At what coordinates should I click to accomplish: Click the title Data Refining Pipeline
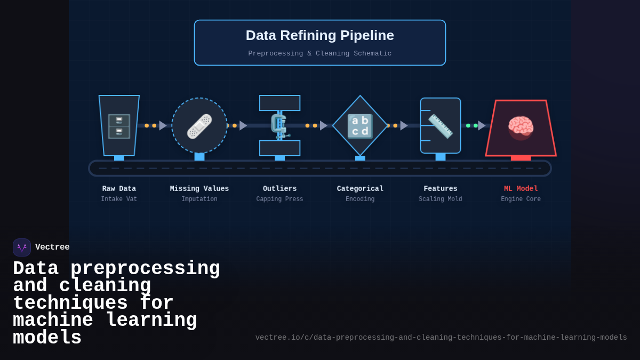coord(319,35)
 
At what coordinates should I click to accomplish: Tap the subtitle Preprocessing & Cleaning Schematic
coord(319,53)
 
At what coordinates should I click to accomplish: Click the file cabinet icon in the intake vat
coord(119,126)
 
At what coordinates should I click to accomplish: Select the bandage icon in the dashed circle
coord(199,126)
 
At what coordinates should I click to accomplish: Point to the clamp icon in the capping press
coord(279,126)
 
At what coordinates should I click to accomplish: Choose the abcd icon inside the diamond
coord(360,126)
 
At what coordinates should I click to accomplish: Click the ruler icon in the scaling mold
coord(441,126)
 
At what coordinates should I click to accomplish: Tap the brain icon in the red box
coord(521,127)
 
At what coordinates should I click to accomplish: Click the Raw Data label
coord(119,189)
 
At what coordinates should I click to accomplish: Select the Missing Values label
coord(199,189)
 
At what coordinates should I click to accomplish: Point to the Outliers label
coord(279,189)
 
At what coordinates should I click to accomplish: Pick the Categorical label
coord(360,189)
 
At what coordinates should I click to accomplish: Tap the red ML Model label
coord(521,189)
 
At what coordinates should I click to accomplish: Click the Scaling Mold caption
coord(441,199)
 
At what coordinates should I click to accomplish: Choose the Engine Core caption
coord(521,199)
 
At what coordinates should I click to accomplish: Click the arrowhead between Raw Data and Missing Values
coord(163,126)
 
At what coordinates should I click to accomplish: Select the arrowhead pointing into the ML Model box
coord(482,126)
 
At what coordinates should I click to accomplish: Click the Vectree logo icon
coord(22,247)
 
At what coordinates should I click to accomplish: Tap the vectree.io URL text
coord(441,338)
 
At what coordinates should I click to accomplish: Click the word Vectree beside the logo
coord(52,247)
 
